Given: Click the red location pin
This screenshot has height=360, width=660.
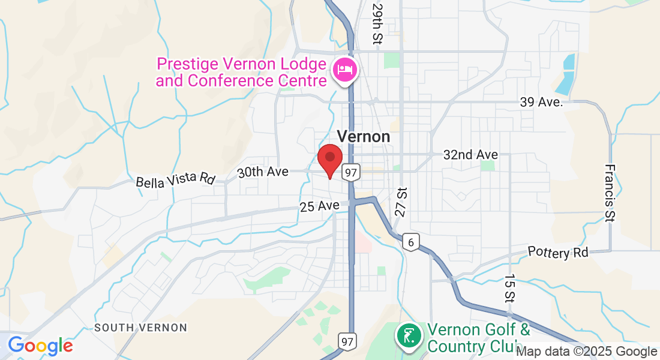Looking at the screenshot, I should (x=329, y=158).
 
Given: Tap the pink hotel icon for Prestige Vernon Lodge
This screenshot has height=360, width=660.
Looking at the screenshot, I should (x=344, y=71).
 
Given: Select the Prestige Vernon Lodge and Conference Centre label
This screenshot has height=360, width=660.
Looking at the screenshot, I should (x=241, y=71).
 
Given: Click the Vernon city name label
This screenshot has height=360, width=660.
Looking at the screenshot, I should (x=364, y=136).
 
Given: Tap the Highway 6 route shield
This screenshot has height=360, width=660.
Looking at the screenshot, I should (x=410, y=242).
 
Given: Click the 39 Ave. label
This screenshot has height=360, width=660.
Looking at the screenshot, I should (x=541, y=102).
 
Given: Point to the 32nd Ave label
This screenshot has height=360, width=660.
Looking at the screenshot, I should (x=470, y=154).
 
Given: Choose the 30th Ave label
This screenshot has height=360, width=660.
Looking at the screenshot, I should (x=263, y=172).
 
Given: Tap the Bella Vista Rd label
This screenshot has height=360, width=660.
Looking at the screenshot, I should (x=175, y=179).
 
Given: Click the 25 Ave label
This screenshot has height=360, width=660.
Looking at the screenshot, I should (x=320, y=206).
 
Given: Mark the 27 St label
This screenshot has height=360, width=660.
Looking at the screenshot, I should (x=401, y=202).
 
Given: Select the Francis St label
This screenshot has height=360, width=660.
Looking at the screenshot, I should (x=610, y=193).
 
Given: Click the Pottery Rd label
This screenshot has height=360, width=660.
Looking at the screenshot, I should (x=558, y=252).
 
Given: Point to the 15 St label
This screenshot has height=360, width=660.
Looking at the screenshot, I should (x=509, y=288).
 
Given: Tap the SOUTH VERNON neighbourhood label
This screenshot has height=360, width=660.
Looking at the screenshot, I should (x=141, y=328).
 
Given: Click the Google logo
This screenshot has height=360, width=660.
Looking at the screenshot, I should (x=40, y=346).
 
